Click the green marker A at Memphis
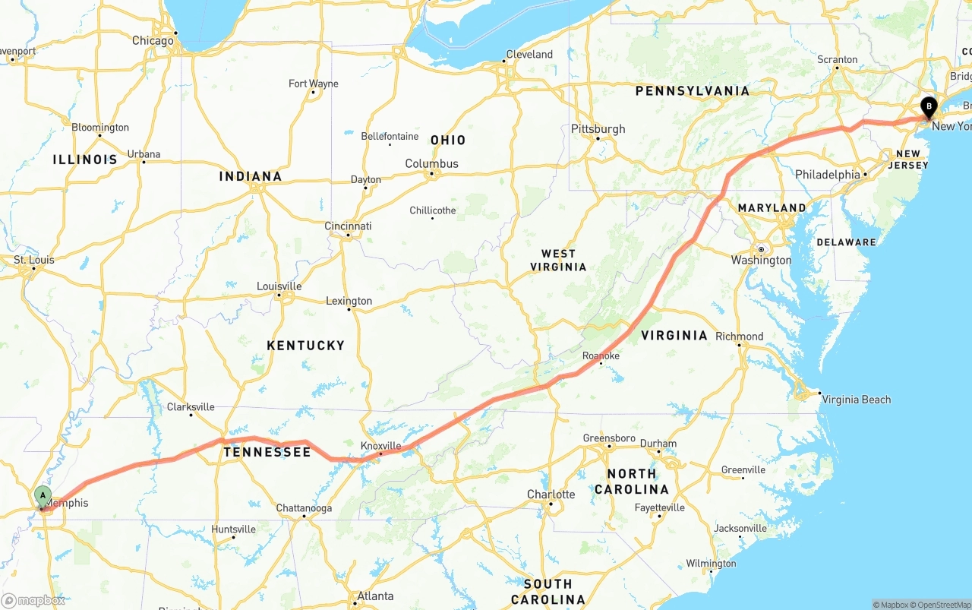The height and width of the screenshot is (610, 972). click(43, 496)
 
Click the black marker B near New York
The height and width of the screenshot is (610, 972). click(928, 107)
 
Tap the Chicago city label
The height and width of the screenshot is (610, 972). click(153, 40)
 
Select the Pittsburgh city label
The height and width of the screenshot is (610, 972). click(598, 128)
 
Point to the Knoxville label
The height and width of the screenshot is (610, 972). click(380, 445)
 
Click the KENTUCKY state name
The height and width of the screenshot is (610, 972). click(305, 345)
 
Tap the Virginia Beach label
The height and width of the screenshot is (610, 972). click(856, 400)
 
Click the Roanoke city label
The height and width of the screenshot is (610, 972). click(601, 356)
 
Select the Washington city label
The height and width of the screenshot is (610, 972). click(761, 260)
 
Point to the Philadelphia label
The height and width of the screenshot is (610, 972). click(827, 174)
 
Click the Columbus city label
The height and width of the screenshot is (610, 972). click(431, 163)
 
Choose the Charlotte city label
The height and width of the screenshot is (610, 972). click(551, 495)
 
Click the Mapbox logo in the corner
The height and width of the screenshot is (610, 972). click(33, 600)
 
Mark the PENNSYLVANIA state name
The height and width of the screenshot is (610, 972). click(692, 90)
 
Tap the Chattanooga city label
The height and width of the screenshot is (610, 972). click(304, 508)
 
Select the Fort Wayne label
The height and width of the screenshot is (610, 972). click(313, 84)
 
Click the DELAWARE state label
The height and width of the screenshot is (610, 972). click(846, 242)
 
